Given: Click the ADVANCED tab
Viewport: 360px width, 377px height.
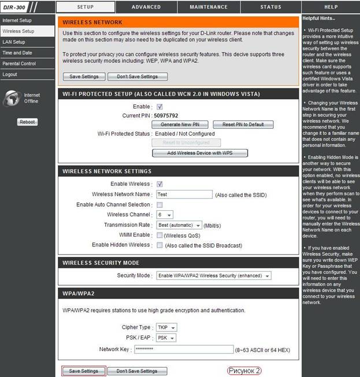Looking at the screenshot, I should click(146, 7).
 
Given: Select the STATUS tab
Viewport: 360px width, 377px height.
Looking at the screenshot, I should click(270, 7).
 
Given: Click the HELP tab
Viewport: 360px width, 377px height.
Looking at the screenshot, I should click(331, 7).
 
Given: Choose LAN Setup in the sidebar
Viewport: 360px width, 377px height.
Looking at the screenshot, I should click(14, 42).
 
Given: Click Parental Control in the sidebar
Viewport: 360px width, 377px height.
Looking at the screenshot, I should click(19, 64).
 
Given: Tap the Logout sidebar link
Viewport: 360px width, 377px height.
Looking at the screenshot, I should click(10, 74).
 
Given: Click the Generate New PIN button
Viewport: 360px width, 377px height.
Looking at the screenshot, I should click(179, 125).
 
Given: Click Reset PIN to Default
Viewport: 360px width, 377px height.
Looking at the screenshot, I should click(243, 125).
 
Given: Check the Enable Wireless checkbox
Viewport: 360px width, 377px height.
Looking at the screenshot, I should click(159, 184).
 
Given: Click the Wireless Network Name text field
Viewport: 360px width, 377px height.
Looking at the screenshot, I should click(184, 195).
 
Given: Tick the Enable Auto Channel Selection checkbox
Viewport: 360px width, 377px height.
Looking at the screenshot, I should click(159, 204).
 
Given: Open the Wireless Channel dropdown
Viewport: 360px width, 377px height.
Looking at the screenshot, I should click(165, 215).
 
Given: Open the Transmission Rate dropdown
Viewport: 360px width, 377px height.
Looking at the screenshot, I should click(179, 225).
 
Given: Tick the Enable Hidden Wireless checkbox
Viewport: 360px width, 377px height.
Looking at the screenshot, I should click(159, 245).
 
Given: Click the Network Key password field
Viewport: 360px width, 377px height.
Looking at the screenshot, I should click(183, 349).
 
